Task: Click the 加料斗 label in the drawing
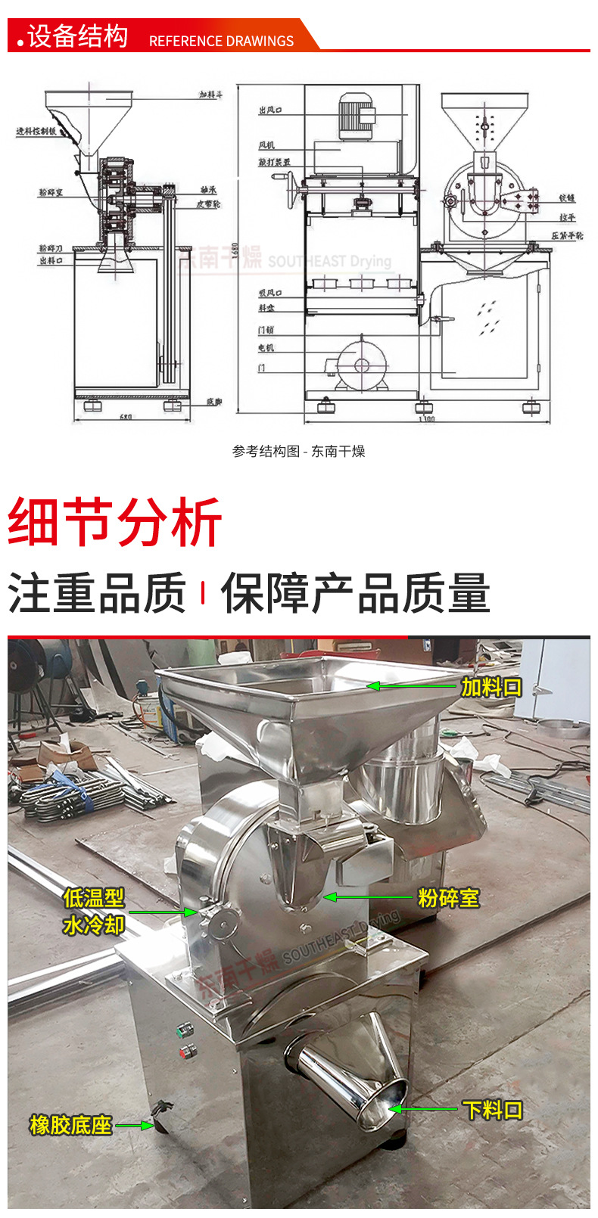[x=210, y=96]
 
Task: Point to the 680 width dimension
[x=126, y=417]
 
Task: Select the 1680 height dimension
[x=235, y=249]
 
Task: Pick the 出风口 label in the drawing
[x=270, y=110]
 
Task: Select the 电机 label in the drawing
[x=266, y=348]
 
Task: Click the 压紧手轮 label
[x=567, y=236]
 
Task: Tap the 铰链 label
[x=568, y=198]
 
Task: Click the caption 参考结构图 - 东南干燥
[x=299, y=452]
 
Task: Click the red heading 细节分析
[x=114, y=522]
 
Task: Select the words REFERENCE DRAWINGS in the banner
[x=221, y=41]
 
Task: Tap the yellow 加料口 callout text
[x=491, y=687]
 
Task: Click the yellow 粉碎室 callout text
[x=449, y=898]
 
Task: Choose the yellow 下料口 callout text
[x=493, y=1110]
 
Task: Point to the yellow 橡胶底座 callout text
[x=70, y=1125]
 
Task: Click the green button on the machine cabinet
[x=182, y=1030]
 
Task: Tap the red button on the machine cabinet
[x=184, y=1050]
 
